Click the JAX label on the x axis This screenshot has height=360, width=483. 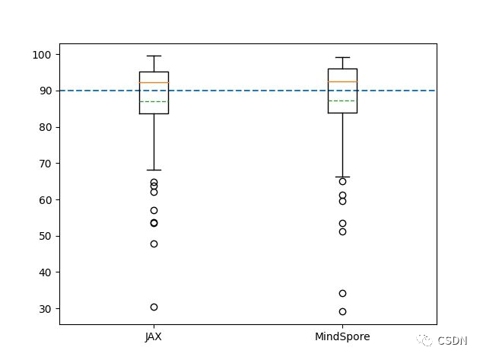(x=154, y=336)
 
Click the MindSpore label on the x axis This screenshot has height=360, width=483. (x=342, y=336)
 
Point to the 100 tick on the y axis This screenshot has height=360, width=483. (x=41, y=55)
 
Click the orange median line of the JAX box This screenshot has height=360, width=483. (x=154, y=82)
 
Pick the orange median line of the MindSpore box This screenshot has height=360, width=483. (x=342, y=81)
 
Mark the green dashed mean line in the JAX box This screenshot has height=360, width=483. (x=154, y=101)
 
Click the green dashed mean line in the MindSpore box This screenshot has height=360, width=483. (x=342, y=100)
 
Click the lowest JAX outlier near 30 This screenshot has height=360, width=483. (x=154, y=307)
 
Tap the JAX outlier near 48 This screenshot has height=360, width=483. (x=154, y=244)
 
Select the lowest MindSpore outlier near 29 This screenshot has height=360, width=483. (x=342, y=311)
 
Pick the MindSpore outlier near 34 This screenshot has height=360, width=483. (x=342, y=293)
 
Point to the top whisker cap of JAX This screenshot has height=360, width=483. (x=154, y=56)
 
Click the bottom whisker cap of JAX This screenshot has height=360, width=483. (x=154, y=170)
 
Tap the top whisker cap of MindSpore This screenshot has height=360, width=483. (x=342, y=57)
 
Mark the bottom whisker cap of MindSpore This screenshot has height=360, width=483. (x=342, y=177)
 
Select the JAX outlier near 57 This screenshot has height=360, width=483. (x=154, y=210)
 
